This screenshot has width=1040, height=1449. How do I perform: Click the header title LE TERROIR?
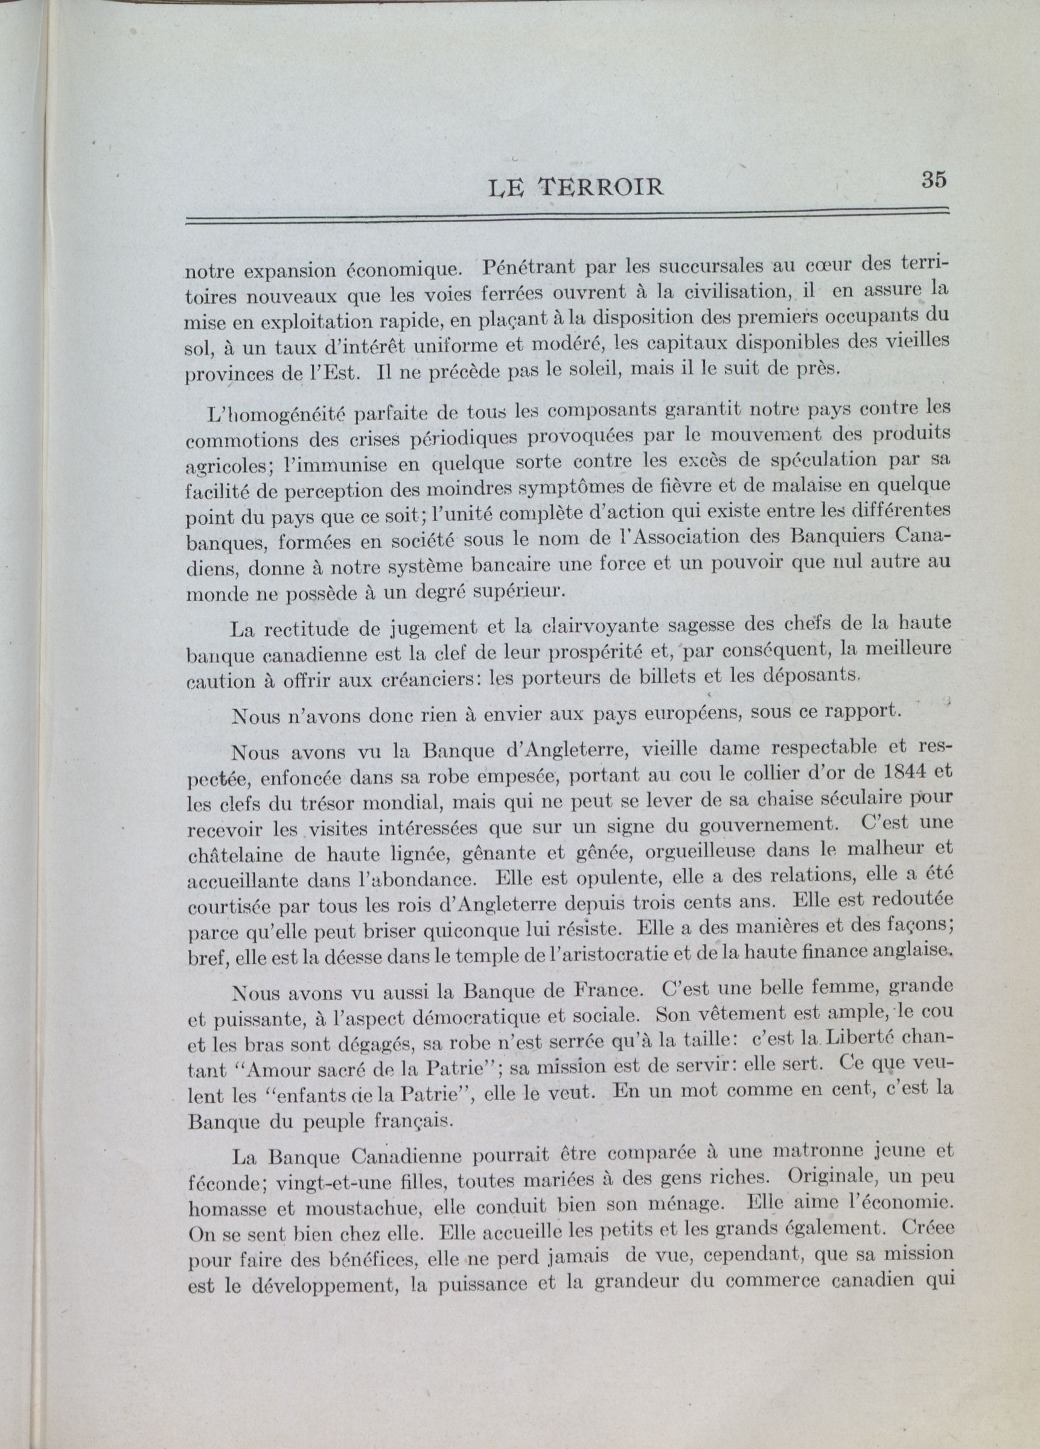click(x=575, y=187)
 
